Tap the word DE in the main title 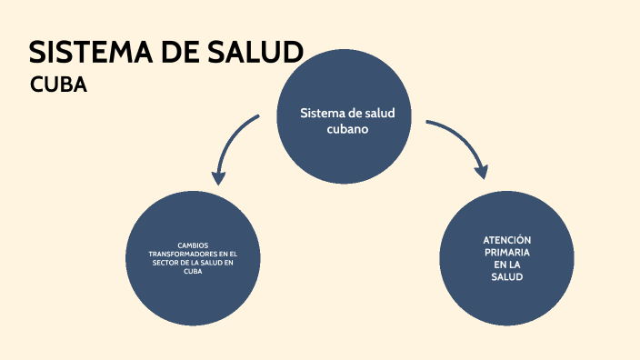(x=179, y=53)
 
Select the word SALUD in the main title (x=257, y=53)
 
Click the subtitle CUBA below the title (x=58, y=85)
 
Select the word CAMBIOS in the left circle (x=193, y=245)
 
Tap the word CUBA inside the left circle (x=193, y=272)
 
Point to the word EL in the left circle (x=232, y=254)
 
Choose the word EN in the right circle (x=499, y=265)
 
